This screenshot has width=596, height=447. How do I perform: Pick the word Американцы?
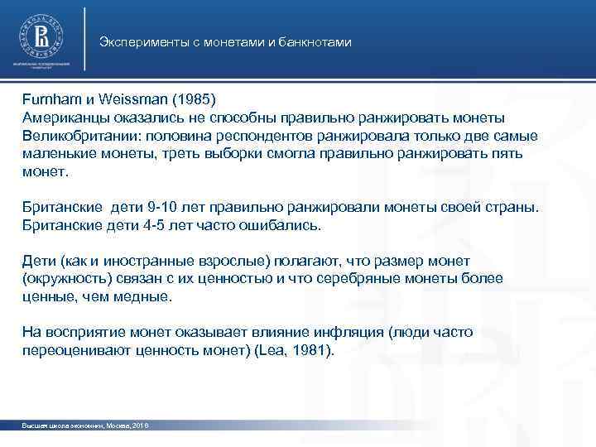pyautogui.click(x=61, y=118)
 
